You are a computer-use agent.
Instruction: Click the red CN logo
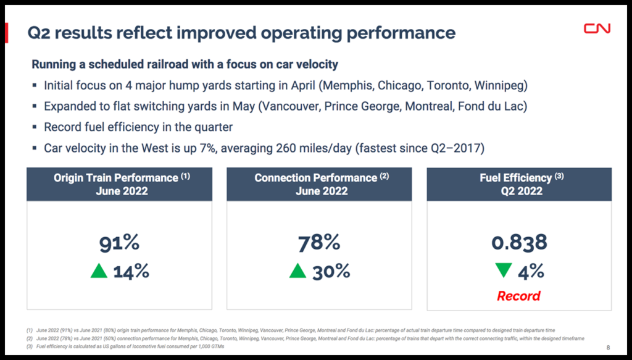597,28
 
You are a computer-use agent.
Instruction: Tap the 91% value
119,242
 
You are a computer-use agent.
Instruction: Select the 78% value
319,242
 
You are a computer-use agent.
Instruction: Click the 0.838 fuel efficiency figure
519,242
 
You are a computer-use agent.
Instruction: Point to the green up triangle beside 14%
99,270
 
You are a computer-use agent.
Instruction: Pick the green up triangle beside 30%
298,270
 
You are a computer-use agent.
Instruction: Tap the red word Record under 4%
519,296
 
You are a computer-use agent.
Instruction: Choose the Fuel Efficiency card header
519,184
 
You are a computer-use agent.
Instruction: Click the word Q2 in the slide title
39,33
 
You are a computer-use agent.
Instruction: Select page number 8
609,347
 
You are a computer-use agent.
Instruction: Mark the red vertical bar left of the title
6,33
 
